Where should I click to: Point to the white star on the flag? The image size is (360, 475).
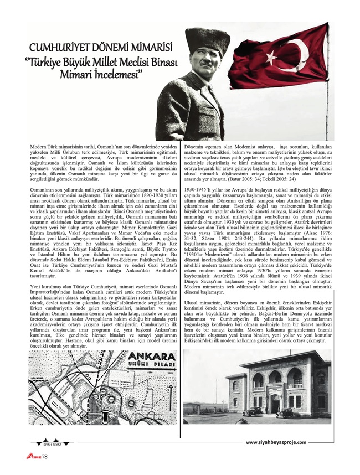click(271, 56)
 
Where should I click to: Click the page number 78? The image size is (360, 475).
click(45, 456)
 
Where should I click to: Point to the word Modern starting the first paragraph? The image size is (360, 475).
click(39, 146)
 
